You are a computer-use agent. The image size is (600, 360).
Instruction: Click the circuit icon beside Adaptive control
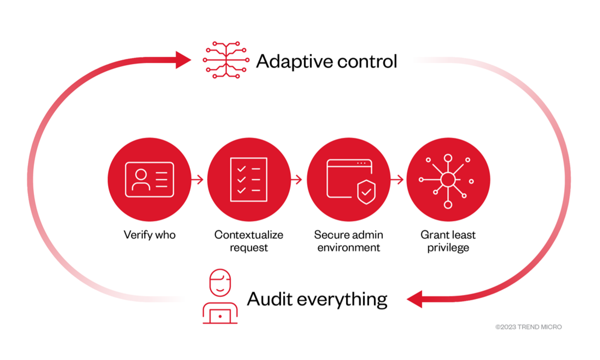226,60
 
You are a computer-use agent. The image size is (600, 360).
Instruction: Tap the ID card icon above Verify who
150,179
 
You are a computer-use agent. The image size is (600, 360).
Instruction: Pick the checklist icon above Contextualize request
249,179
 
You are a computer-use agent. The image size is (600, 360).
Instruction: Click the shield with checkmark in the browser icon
366,191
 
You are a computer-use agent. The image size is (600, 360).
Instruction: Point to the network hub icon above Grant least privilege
448,180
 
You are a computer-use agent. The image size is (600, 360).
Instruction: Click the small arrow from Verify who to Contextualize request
198,179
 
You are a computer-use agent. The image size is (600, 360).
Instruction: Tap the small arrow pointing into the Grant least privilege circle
397,179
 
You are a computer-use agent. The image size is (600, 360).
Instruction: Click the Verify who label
150,235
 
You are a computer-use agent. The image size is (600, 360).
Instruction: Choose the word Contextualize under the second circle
249,235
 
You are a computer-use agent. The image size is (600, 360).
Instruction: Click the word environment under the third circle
349,247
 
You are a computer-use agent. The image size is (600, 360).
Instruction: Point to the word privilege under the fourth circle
448,247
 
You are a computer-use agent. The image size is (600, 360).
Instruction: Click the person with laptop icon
220,297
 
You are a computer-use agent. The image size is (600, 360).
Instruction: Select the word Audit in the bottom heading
269,299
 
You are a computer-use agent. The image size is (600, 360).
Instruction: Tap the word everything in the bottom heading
342,300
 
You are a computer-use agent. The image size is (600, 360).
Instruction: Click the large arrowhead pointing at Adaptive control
183,60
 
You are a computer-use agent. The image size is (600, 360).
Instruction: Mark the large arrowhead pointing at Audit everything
415,299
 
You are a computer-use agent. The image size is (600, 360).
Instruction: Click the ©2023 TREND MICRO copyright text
528,327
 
